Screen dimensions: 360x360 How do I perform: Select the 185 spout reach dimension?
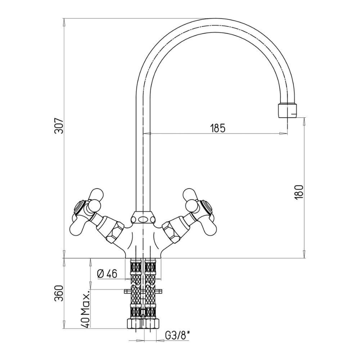tap(218, 128)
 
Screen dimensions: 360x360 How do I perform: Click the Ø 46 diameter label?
tap(107, 274)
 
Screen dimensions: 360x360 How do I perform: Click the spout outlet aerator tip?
tap(287, 111)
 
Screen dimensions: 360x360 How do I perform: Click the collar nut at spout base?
tap(143, 217)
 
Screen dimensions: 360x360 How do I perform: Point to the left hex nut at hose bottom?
tap(134, 324)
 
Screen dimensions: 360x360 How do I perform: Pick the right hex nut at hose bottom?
tap(152, 324)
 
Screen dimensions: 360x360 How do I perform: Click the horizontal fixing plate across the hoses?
tap(143, 292)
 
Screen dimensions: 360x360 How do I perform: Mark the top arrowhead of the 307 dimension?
tap(64, 22)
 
